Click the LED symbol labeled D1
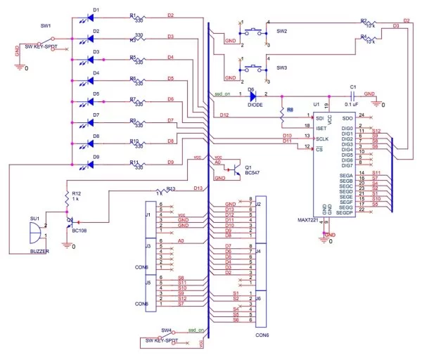(x=89, y=17)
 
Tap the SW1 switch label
(x=45, y=26)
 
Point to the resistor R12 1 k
(x=69, y=196)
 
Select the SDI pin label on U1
(x=320, y=117)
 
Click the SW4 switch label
(x=167, y=330)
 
